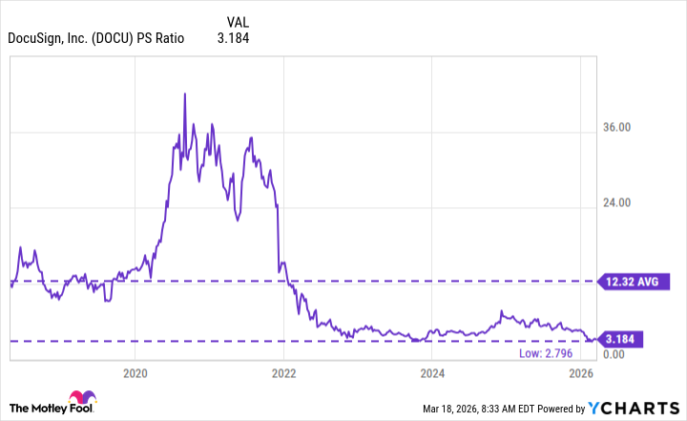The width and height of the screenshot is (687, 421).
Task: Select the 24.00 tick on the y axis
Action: tap(621, 203)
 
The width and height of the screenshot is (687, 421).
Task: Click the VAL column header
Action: tap(239, 21)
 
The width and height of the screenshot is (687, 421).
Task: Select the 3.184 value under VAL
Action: tap(239, 39)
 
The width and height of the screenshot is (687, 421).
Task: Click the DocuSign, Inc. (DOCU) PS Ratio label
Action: tap(95, 39)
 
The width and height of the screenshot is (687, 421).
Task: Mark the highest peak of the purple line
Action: tap(183, 93)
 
